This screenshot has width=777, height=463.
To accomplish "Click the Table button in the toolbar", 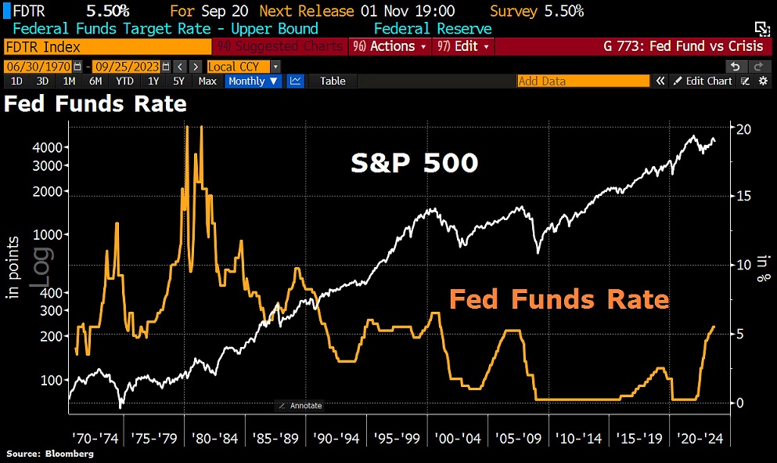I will click(333, 81).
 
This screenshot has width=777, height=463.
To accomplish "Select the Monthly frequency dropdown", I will click(254, 81).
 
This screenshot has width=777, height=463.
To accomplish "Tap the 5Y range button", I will click(178, 81).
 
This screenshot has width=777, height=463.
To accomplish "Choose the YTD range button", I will click(124, 81).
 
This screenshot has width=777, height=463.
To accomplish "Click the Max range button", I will click(207, 81).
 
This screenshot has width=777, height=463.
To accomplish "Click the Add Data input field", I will click(583, 81).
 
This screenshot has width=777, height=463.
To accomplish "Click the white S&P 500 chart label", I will click(414, 163).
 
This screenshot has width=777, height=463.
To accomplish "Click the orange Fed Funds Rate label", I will click(559, 299).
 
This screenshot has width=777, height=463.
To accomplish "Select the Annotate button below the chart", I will click(300, 406).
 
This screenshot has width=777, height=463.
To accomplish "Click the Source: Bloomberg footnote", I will click(50, 454).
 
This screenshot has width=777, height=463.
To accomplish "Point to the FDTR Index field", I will click(106, 46).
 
